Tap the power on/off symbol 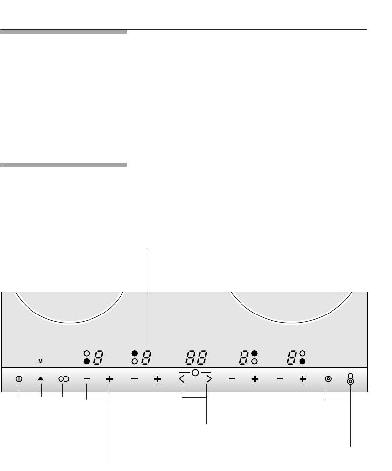[19, 379]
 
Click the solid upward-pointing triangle [40, 379]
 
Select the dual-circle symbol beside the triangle [63, 379]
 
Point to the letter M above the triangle [40, 361]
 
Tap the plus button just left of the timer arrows [157, 379]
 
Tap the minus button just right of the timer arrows [232, 379]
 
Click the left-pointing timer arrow [181, 379]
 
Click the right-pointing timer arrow [209, 379]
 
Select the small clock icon [195, 373]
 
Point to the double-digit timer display [196, 357]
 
